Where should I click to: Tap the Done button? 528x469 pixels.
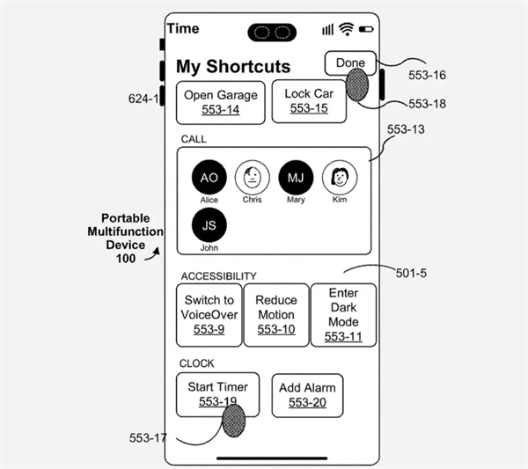350,63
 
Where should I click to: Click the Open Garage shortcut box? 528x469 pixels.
221,103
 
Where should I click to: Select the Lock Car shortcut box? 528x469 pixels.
309,101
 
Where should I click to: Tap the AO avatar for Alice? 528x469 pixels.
209,177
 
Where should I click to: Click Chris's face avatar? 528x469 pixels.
253,177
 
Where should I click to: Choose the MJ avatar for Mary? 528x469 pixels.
296,177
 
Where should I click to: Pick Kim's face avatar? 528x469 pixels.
340,177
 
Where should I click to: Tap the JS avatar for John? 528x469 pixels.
209,225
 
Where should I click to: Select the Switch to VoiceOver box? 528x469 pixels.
209,315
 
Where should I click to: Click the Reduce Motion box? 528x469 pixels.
276,315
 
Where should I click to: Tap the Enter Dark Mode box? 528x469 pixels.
343,315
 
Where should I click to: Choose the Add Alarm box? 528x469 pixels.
307,395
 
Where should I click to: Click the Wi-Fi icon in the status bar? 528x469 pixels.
347,29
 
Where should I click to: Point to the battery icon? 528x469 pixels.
366,30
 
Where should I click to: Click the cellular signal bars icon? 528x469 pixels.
327,30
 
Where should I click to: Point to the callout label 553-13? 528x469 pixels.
406,129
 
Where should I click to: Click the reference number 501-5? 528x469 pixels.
411,273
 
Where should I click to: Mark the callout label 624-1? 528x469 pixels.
143,99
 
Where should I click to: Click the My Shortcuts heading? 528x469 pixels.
233,66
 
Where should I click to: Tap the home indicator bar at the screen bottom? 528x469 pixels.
272,458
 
